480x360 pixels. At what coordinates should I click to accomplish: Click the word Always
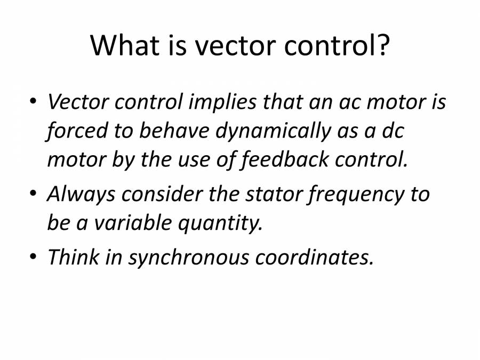pyautogui.click(x=81, y=194)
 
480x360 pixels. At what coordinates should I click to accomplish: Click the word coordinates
pyautogui.click(x=314, y=257)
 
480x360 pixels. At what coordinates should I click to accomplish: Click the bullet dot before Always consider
pyautogui.click(x=33, y=195)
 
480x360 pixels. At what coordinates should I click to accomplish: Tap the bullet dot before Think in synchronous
pyautogui.click(x=33, y=258)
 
